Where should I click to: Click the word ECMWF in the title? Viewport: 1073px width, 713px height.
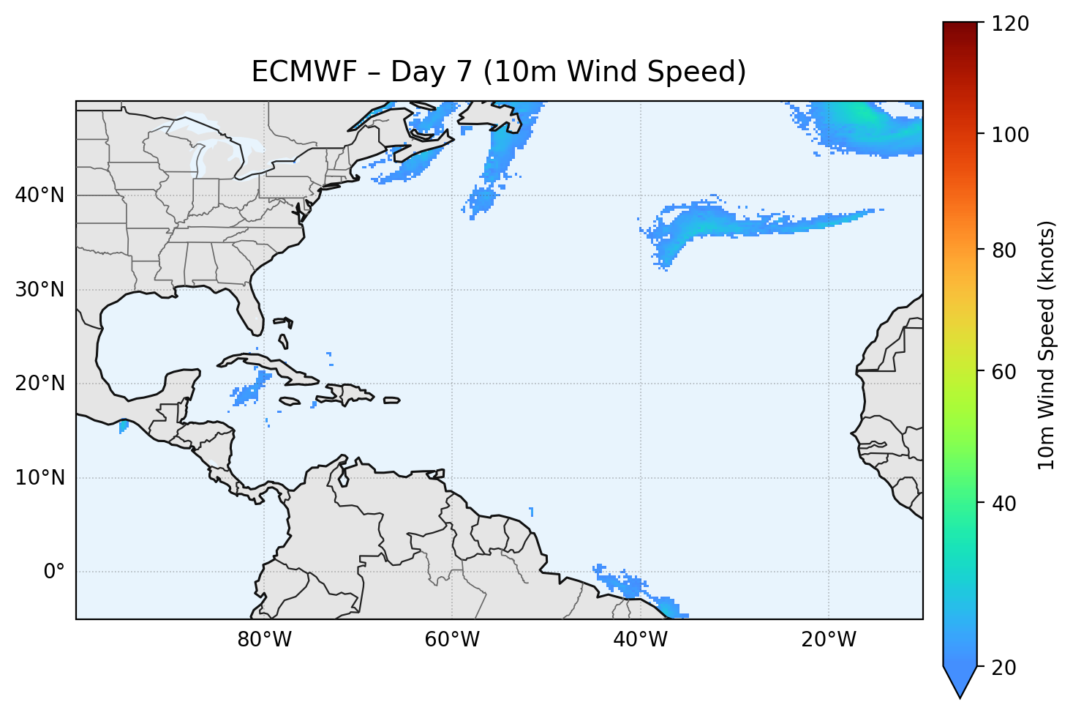point(304,72)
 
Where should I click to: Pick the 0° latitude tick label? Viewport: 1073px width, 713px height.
point(54,572)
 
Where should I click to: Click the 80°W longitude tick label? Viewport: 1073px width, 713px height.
point(264,640)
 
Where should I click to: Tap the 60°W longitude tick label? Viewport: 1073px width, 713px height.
point(452,640)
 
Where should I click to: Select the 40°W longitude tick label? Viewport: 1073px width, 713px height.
point(640,640)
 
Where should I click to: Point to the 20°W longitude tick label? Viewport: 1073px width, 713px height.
point(828,640)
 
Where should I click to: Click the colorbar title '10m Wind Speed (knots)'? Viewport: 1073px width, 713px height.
point(1047,345)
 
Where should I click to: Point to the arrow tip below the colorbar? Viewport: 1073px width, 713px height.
point(960,696)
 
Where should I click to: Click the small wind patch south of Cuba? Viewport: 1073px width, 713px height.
point(248,392)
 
